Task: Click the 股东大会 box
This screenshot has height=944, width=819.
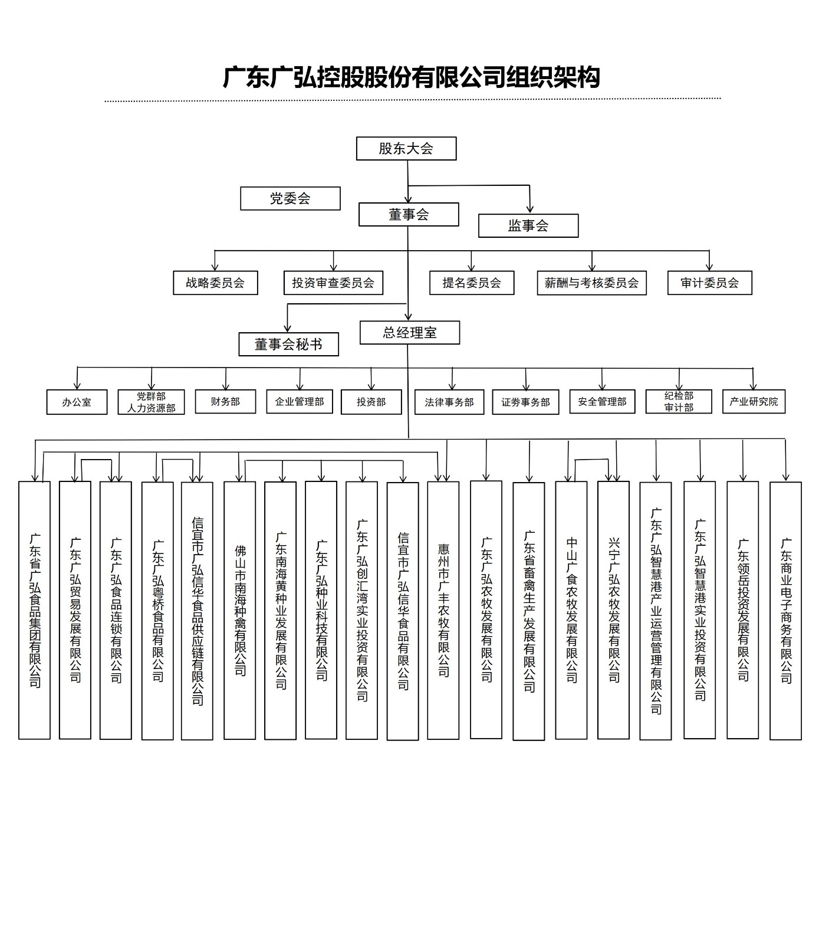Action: point(406,149)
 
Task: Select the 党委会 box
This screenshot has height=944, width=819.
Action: point(290,198)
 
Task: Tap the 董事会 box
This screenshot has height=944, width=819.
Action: point(409,215)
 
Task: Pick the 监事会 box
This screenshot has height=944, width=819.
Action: point(528,225)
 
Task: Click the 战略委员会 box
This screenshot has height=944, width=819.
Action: point(215,283)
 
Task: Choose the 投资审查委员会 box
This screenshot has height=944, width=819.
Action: point(333,283)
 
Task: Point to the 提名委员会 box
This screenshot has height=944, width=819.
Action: point(471,283)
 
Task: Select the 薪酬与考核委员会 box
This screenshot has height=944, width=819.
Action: point(591,283)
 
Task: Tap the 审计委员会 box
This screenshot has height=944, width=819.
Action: point(709,283)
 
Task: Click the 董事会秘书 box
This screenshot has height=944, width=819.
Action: point(288,344)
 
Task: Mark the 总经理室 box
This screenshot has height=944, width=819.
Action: point(409,333)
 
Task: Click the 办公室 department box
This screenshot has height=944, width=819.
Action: point(77,402)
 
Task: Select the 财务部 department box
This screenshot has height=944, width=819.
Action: point(225,401)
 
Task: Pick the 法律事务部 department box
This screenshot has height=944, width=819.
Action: point(449,402)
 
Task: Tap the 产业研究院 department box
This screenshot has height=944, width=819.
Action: point(754,401)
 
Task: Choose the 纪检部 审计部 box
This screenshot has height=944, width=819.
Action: point(679,401)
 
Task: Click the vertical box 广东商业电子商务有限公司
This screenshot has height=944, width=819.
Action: point(785,610)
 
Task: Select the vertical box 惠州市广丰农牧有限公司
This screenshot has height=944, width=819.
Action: point(443,610)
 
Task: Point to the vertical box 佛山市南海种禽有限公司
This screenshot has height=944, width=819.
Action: point(239,610)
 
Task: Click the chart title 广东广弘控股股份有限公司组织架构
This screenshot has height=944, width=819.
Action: point(411,77)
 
